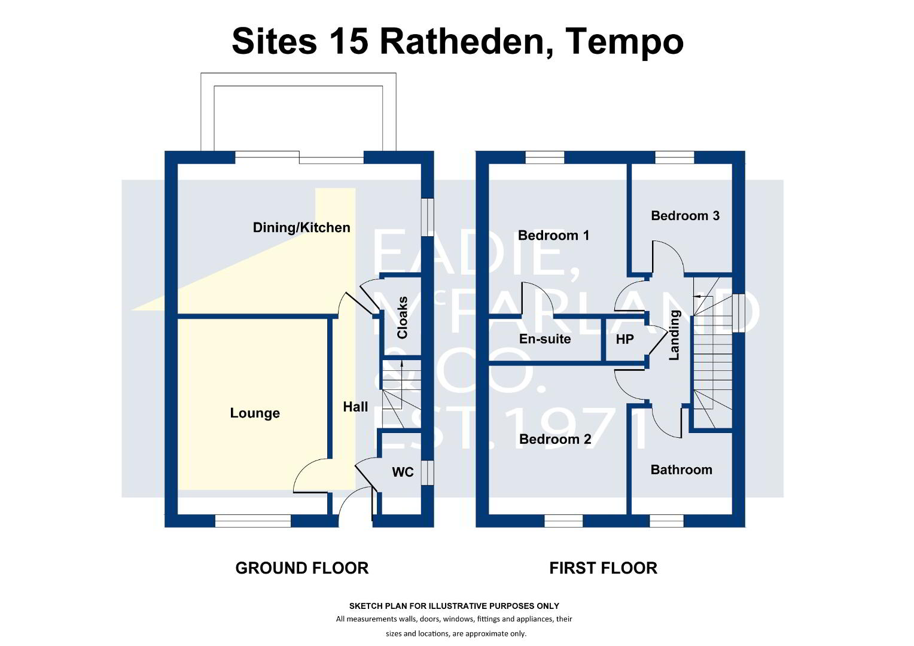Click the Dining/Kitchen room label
pyautogui.click(x=301, y=228)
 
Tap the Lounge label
pyautogui.click(x=255, y=413)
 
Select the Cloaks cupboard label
pyautogui.click(x=403, y=318)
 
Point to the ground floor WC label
pyautogui.click(x=403, y=472)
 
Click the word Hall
pyautogui.click(x=355, y=407)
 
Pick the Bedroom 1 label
pyautogui.click(x=554, y=236)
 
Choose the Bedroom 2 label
pyautogui.click(x=555, y=439)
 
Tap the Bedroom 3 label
pyautogui.click(x=685, y=215)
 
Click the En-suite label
pyautogui.click(x=545, y=339)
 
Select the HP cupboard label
pyautogui.click(x=624, y=339)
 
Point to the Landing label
pyautogui.click(x=675, y=335)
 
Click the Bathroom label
pyautogui.click(x=681, y=470)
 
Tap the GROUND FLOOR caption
pyautogui.click(x=302, y=568)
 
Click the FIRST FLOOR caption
pyautogui.click(x=603, y=568)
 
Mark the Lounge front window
pyautogui.click(x=253, y=521)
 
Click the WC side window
pyautogui.click(x=427, y=473)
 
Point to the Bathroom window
pyautogui.click(x=666, y=521)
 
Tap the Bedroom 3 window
pyautogui.click(x=675, y=157)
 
